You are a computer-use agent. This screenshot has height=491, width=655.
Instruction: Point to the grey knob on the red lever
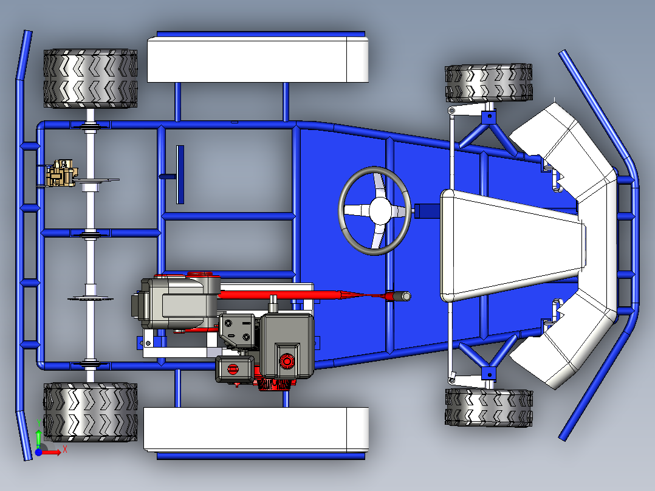tap(400, 297)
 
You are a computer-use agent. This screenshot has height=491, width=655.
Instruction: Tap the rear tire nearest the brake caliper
tap(90, 78)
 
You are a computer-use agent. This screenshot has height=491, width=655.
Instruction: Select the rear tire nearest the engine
tap(90, 411)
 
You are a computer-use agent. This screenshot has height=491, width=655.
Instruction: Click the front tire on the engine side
tap(489, 408)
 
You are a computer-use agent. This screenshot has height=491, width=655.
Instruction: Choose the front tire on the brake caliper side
tap(489, 83)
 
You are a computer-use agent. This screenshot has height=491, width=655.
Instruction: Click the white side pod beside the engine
tap(255, 429)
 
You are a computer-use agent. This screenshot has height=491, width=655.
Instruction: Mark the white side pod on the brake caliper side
tap(258, 59)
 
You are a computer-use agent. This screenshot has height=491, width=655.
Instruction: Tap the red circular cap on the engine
tap(286, 362)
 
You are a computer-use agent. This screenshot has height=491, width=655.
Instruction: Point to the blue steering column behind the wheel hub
tap(427, 210)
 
